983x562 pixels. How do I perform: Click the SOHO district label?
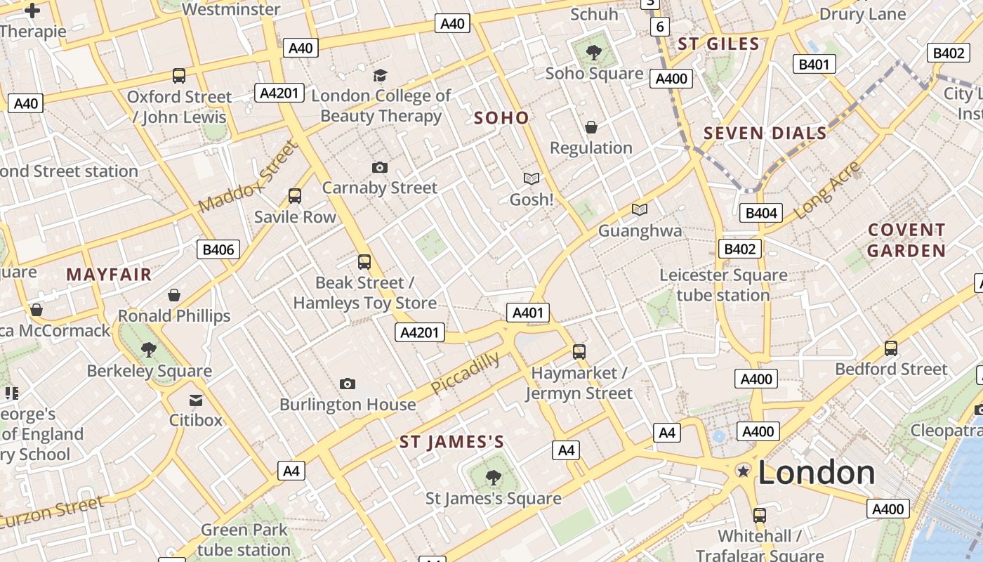[501, 117]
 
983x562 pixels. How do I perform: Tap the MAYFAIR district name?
[109, 275]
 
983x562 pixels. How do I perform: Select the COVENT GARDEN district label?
[906, 240]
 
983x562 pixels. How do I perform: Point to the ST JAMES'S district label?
[451, 442]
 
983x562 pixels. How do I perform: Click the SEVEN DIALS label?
[765, 133]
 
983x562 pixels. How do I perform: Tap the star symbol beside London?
[742, 471]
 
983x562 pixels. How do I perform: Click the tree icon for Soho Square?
[594, 51]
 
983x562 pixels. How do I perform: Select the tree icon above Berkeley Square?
[148, 349]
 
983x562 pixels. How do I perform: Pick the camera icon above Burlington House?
[347, 384]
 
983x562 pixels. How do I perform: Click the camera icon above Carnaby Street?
[379, 167]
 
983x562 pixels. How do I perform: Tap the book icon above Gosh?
[532, 179]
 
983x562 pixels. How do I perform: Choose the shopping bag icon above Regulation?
[591, 127]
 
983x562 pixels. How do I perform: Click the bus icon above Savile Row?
[295, 196]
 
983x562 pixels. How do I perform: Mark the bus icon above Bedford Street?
[890, 348]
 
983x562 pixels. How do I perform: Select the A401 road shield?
[527, 313]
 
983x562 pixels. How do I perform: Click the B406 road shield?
[218, 249]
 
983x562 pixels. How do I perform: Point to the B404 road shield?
[760, 213]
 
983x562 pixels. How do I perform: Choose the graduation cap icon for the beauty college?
[380, 75]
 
